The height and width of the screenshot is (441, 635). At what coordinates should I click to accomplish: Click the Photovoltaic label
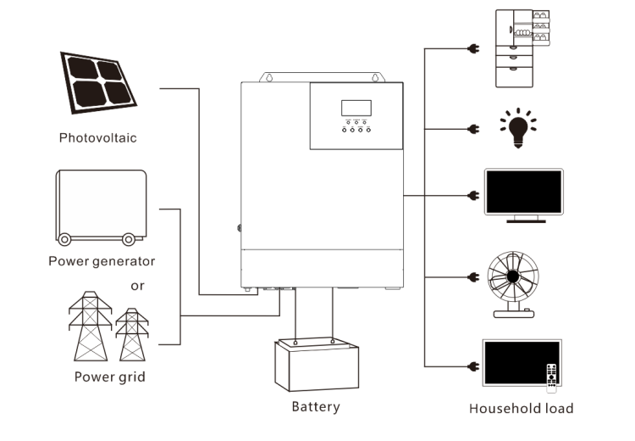(97, 137)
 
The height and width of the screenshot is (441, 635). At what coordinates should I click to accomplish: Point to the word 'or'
(137, 286)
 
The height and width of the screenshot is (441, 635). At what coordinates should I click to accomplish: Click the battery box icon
(314, 362)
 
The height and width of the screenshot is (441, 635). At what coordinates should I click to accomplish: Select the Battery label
(316, 406)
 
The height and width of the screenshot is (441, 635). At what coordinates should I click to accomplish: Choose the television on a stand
(523, 196)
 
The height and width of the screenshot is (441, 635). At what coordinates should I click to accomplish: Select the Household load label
(521, 409)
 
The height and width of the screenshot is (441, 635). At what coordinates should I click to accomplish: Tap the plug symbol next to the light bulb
(472, 130)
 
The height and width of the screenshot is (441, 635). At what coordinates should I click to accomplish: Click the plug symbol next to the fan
(472, 276)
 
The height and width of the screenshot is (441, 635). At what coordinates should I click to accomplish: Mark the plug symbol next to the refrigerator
(472, 49)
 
